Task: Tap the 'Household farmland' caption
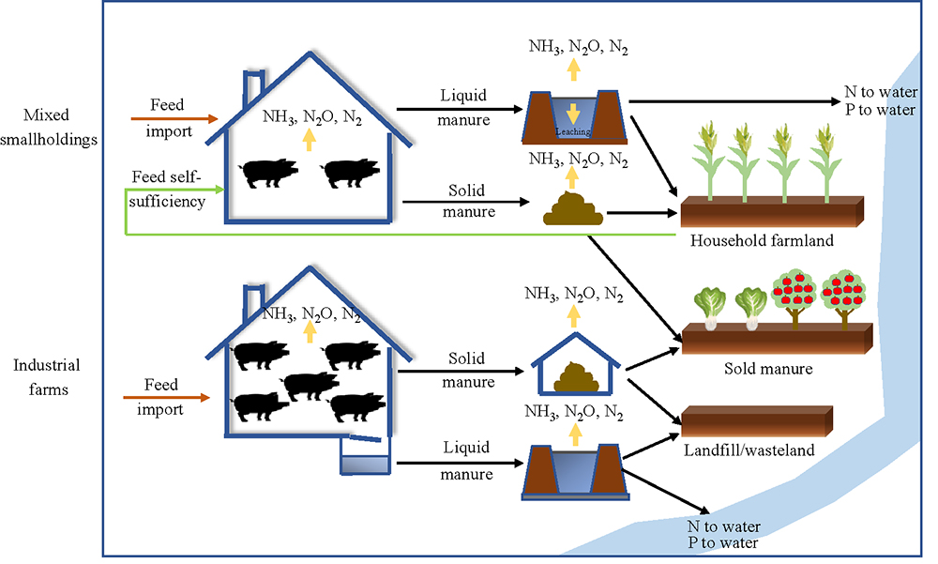(x=761, y=240)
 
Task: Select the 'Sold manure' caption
(x=767, y=369)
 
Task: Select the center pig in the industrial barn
(x=311, y=385)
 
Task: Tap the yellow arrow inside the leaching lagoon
(x=570, y=114)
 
